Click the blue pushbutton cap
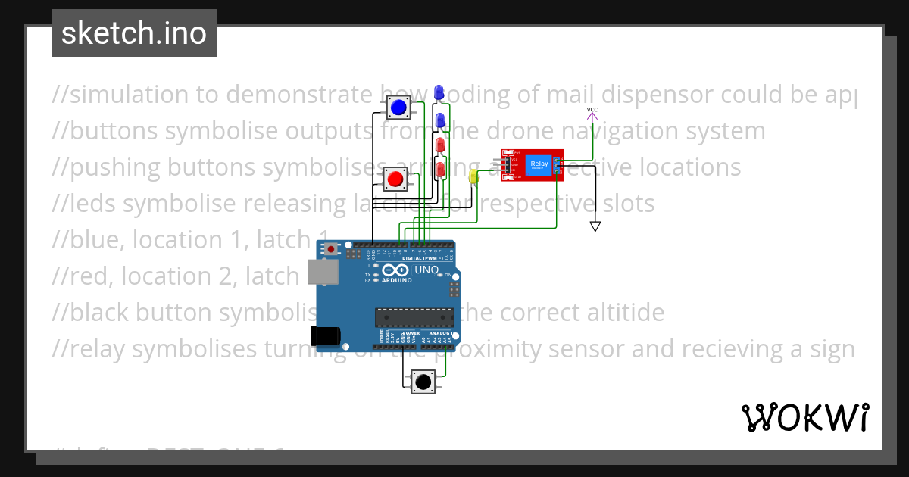399,108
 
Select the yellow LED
474,177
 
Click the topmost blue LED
439,92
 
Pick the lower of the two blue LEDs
439,119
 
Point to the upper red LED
439,144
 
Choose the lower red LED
439,167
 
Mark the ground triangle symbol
595,226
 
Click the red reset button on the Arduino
330,248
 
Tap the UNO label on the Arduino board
426,270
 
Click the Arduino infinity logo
397,270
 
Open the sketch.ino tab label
134,33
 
